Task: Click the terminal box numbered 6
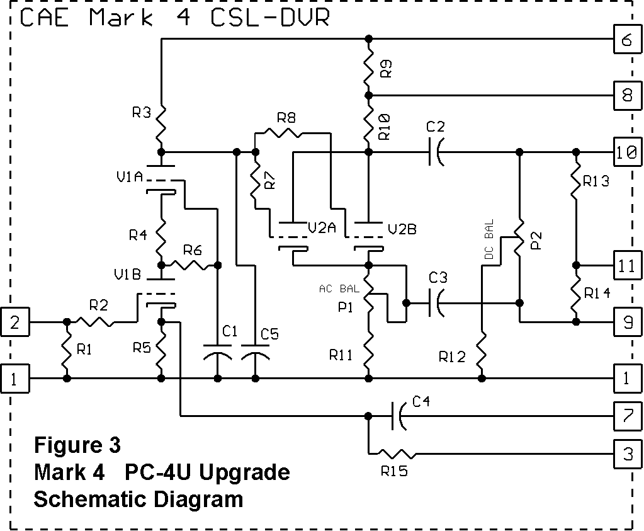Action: (x=626, y=41)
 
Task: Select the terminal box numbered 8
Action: (x=626, y=96)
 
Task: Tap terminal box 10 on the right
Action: (x=626, y=152)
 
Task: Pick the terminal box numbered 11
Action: (x=626, y=265)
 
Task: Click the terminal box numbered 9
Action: (x=626, y=322)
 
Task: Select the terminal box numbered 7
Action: (x=626, y=416)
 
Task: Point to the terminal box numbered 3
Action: (x=626, y=454)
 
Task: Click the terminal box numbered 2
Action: (x=15, y=322)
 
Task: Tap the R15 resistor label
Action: (x=395, y=471)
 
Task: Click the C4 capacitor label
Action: (x=422, y=401)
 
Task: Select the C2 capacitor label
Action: (x=435, y=127)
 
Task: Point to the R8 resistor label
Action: (x=286, y=118)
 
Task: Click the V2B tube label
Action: (x=402, y=229)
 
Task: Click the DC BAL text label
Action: (x=489, y=240)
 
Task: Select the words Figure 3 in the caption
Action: (x=77, y=445)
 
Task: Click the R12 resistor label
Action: (x=453, y=357)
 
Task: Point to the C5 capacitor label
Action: (x=269, y=334)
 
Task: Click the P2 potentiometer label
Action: (x=536, y=239)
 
